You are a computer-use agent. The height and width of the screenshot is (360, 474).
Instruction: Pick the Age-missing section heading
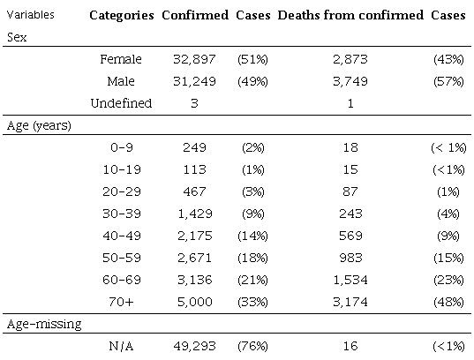[x=40, y=325]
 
